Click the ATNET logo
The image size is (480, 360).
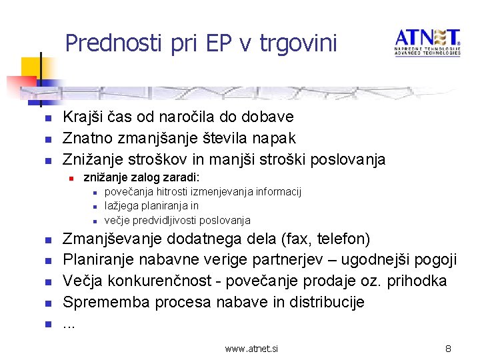(x=427, y=42)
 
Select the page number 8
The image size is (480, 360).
(x=449, y=348)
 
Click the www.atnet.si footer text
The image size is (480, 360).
(x=251, y=348)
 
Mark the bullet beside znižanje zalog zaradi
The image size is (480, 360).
(x=69, y=179)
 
